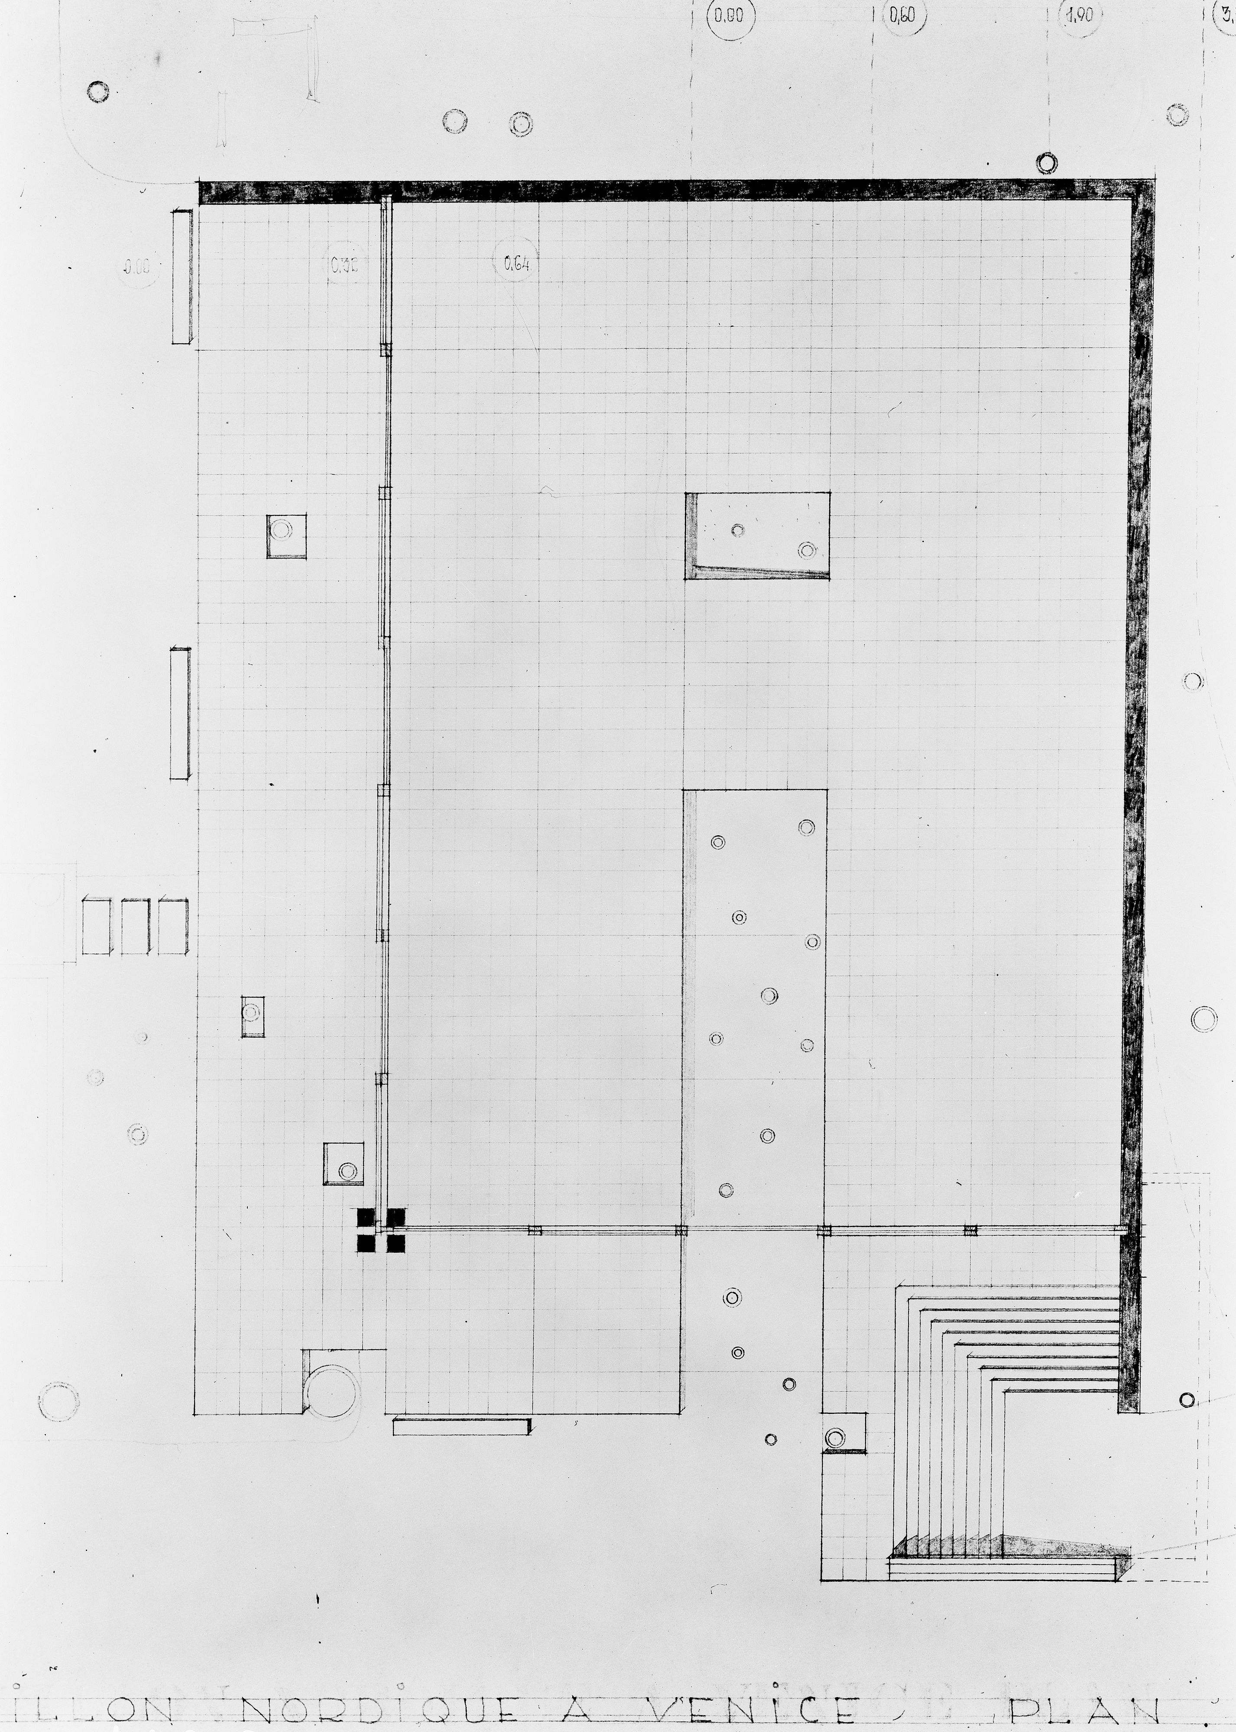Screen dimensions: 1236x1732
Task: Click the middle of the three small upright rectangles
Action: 136,927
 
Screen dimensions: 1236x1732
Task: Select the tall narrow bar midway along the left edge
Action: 180,714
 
